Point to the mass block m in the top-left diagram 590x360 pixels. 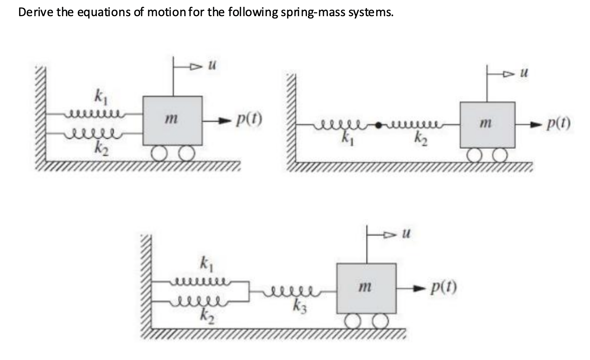[172, 120]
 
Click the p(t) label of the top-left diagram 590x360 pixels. [249, 121]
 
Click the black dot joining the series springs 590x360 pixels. [379, 125]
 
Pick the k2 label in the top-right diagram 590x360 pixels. [418, 137]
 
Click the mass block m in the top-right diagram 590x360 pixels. [487, 125]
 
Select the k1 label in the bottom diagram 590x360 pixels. [204, 264]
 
